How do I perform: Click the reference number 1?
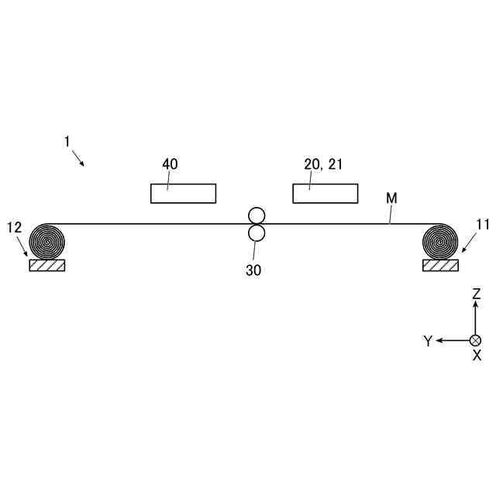coord(67,142)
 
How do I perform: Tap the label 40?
coord(170,164)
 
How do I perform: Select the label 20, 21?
coord(324,164)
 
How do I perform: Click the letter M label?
coord(391,198)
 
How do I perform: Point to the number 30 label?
coord(253,270)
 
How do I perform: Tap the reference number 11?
coord(483,226)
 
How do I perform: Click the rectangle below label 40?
coord(183,193)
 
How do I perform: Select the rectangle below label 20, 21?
coord(325,193)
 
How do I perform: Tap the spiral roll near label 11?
coord(439,241)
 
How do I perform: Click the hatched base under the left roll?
coord(46,265)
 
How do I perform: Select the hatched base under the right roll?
coord(439,265)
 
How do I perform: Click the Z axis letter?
coord(477,294)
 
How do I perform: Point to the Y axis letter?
coord(428,341)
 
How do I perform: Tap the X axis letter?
coord(477,356)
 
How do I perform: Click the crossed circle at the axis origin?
coord(476,340)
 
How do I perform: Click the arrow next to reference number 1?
coord(78,159)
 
